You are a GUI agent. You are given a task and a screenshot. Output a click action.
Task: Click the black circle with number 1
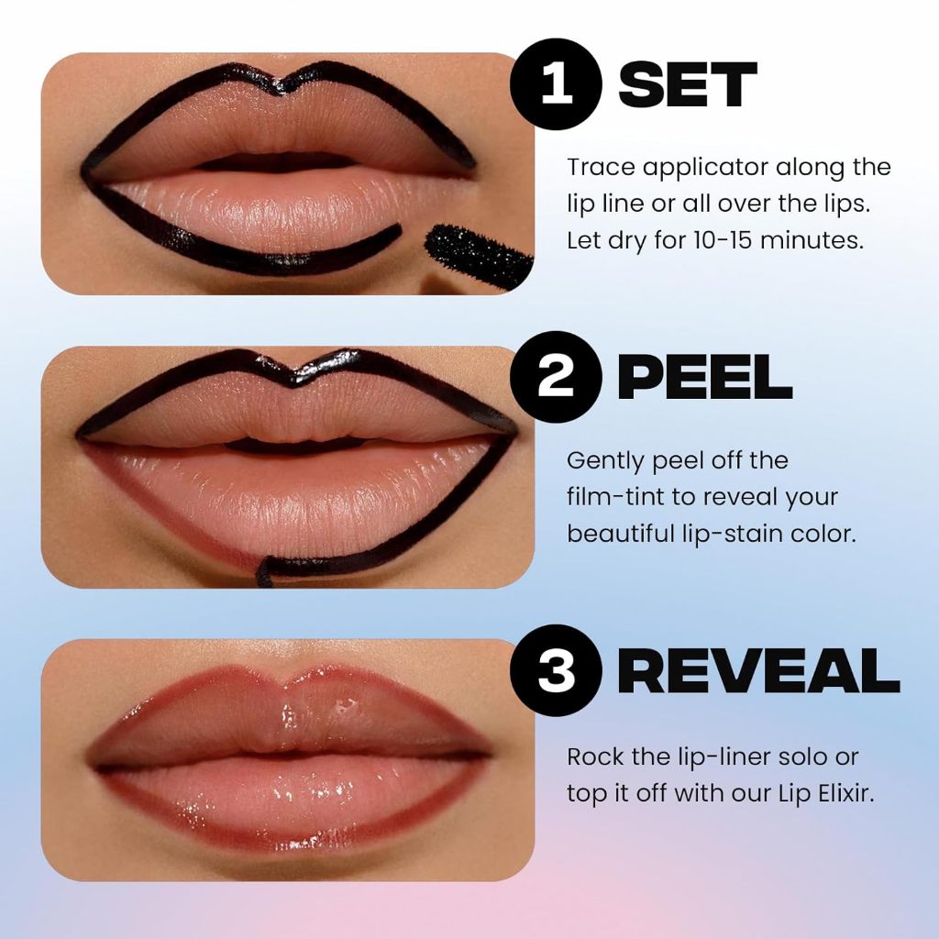click(556, 84)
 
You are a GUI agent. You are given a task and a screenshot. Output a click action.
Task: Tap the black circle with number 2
click(556, 377)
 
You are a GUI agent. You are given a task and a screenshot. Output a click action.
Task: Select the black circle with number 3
click(556, 671)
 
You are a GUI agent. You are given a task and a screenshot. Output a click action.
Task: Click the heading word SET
click(688, 86)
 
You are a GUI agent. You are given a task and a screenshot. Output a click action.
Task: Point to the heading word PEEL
click(704, 377)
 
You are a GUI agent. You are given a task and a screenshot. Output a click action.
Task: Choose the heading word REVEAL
click(757, 671)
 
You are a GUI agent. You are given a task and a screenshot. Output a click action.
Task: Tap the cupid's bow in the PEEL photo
click(292, 376)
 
